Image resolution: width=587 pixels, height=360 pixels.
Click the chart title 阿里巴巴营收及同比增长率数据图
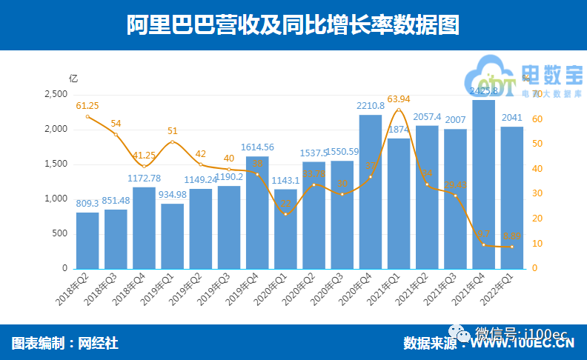(x=293, y=25)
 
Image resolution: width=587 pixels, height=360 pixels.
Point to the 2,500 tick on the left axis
(x=56, y=95)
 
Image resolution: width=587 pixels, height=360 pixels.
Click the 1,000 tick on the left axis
(x=56, y=199)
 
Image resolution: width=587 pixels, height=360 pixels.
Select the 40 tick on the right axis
(x=537, y=169)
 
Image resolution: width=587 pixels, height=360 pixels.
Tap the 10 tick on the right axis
(x=537, y=244)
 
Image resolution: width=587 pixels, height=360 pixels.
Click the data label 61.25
(x=87, y=106)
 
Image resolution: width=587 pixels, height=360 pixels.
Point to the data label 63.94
(x=399, y=99)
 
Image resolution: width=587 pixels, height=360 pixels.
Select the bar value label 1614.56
(x=256, y=147)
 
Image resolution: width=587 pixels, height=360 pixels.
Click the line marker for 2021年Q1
(x=399, y=110)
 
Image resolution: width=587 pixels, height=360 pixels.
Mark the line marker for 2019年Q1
(x=172, y=141)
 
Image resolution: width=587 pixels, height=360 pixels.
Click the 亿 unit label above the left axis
(x=73, y=79)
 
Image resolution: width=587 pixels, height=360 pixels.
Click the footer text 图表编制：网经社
(x=65, y=343)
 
